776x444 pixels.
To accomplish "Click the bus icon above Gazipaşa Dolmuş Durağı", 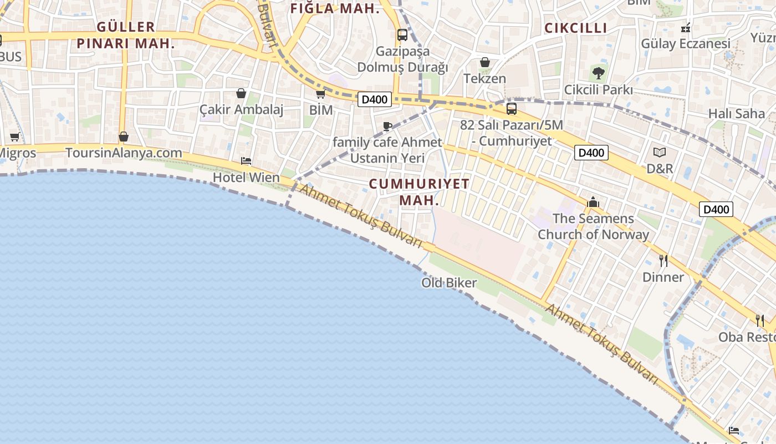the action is pyautogui.click(x=402, y=35).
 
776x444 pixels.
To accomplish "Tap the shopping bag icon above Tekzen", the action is pyautogui.click(x=485, y=62).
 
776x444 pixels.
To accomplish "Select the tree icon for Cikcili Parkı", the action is pyautogui.click(x=599, y=73).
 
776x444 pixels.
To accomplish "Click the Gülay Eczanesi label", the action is pyautogui.click(x=685, y=43).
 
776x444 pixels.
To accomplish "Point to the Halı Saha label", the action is pyautogui.click(x=736, y=114).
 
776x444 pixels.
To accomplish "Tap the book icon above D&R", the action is pyautogui.click(x=659, y=152).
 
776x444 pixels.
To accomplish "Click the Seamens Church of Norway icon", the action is pyautogui.click(x=593, y=202).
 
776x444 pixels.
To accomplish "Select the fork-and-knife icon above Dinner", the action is pyautogui.click(x=663, y=260).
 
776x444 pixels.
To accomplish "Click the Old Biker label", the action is pyautogui.click(x=449, y=283).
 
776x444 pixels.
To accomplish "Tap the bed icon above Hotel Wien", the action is pyautogui.click(x=246, y=161).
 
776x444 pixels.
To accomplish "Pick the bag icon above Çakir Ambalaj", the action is pyautogui.click(x=241, y=93).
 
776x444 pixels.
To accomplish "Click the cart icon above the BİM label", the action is pyautogui.click(x=320, y=94).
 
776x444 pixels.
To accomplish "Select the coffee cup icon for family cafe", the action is pyautogui.click(x=387, y=127).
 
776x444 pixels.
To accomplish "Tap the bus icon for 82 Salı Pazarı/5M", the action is pyautogui.click(x=512, y=109).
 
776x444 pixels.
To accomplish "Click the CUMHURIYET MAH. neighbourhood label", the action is pyautogui.click(x=419, y=192).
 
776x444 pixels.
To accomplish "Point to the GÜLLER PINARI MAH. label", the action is pyautogui.click(x=126, y=35).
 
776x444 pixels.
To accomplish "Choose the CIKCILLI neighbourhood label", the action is pyautogui.click(x=575, y=28).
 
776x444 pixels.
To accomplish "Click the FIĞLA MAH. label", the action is pyautogui.click(x=335, y=8).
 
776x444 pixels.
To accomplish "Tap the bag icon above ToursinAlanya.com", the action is pyautogui.click(x=124, y=137).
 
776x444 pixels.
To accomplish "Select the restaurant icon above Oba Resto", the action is pyautogui.click(x=760, y=320).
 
